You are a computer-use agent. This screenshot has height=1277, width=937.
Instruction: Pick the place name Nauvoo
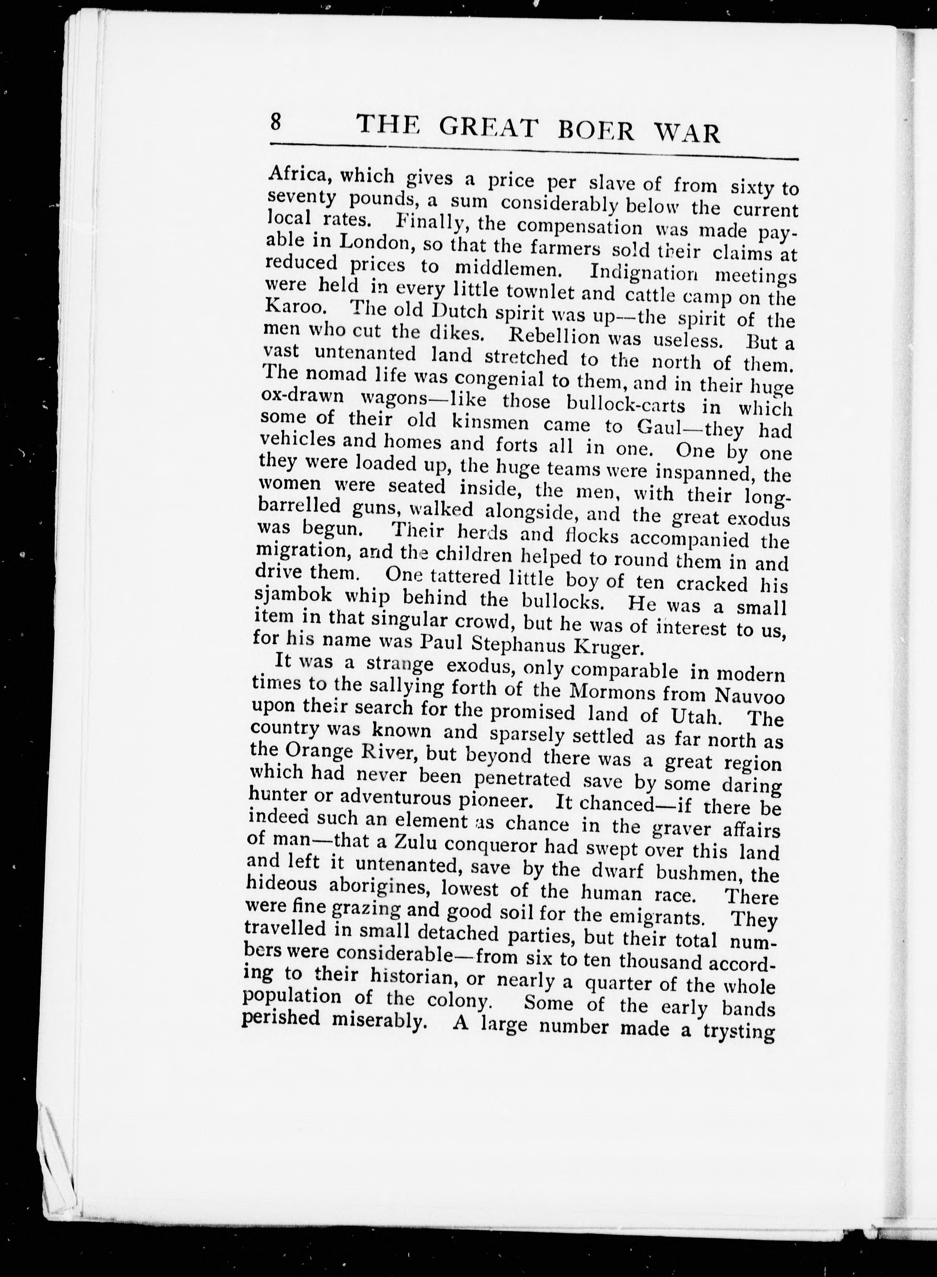tap(750, 695)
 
